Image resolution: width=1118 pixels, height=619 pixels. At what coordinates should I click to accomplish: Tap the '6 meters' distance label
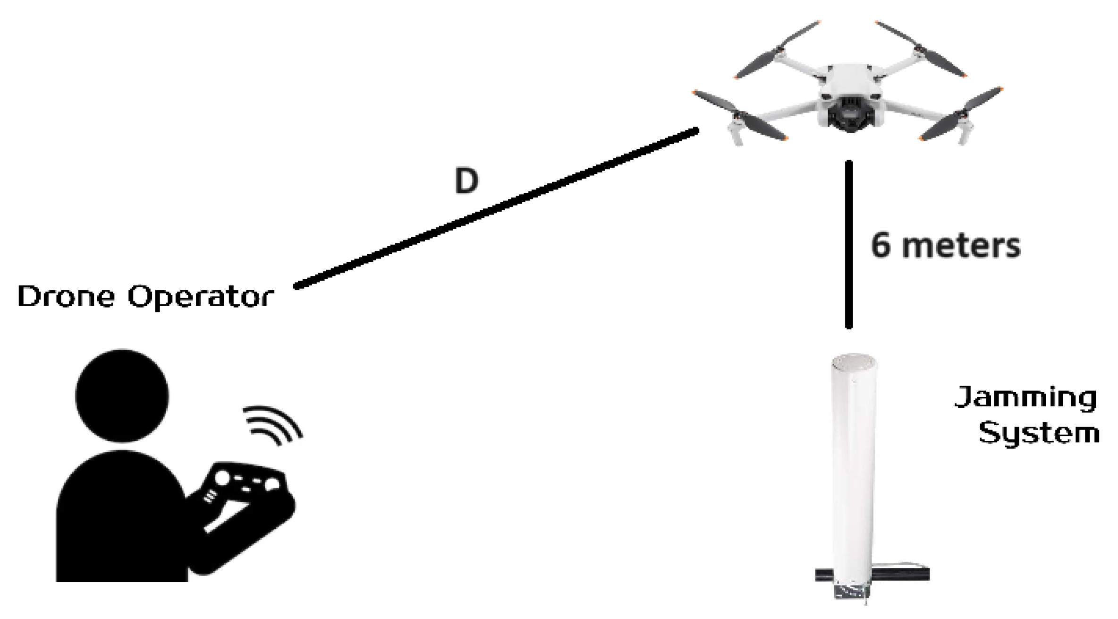coord(945,246)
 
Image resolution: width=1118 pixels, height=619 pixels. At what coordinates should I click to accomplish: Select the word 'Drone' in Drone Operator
coord(66,297)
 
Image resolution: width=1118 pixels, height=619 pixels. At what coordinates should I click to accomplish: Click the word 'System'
coord(1039,434)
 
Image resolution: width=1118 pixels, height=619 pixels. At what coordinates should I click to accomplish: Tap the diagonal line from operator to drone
coord(496,208)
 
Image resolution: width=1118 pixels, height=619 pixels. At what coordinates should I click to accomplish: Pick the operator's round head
coord(122,396)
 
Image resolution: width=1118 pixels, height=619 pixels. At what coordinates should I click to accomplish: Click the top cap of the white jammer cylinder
coord(854,364)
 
